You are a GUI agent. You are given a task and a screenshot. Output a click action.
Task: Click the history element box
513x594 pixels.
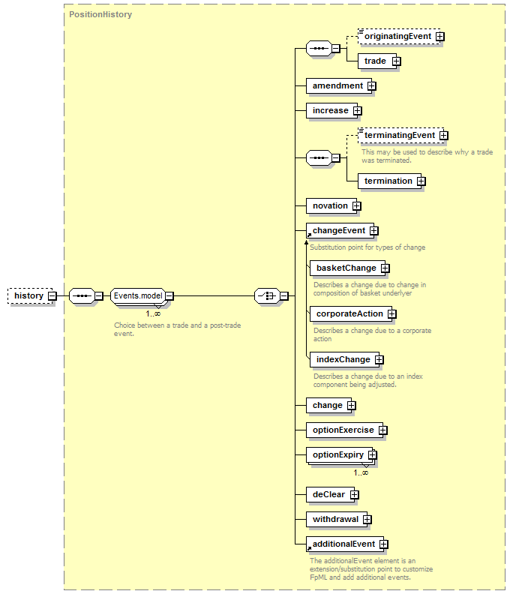[30, 295]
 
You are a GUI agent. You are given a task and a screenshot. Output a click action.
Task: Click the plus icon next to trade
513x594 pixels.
[396, 61]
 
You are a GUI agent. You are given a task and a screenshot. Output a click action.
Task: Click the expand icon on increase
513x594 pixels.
[357, 110]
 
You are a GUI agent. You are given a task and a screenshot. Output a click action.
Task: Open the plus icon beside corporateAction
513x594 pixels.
[391, 314]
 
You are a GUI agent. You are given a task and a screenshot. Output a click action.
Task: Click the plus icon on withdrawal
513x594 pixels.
[367, 519]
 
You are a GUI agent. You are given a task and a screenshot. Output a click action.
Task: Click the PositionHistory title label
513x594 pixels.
[100, 14]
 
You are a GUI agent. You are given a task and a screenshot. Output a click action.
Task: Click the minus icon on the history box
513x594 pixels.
[52, 295]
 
